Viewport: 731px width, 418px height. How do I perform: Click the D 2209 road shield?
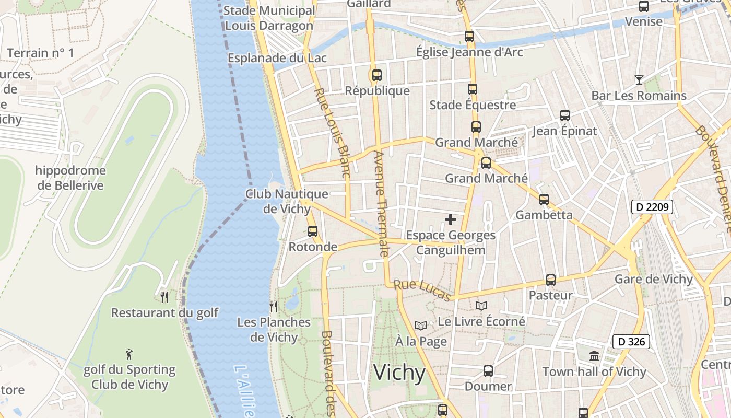(x=652, y=207)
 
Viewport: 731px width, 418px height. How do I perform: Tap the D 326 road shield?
(x=631, y=342)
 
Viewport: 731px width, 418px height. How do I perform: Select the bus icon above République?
(x=377, y=75)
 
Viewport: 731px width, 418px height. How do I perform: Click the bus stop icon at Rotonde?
(x=313, y=231)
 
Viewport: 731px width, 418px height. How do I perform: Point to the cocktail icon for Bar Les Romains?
(x=639, y=80)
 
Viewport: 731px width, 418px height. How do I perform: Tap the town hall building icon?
(x=594, y=356)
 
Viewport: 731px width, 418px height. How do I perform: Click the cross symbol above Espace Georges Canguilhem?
(x=451, y=219)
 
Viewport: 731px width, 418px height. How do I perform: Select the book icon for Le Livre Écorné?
(x=481, y=306)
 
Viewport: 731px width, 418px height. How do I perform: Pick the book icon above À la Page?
(x=421, y=326)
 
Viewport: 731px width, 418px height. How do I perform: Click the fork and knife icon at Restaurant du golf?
(x=164, y=297)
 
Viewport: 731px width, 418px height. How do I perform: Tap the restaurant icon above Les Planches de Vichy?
(x=274, y=306)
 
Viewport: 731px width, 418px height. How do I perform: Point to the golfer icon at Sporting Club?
(x=129, y=354)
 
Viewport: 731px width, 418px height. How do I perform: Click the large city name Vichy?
(x=399, y=373)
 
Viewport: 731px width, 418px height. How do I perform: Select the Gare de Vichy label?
(x=653, y=279)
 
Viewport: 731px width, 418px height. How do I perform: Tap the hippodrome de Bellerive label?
(x=70, y=178)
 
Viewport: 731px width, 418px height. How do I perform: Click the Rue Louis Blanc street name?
(x=331, y=133)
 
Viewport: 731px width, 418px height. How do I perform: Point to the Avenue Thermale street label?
(x=381, y=204)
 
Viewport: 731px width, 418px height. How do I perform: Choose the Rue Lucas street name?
(x=422, y=291)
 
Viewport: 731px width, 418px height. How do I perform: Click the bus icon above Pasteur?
(x=550, y=280)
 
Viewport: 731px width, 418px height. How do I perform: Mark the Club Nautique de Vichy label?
(x=287, y=201)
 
